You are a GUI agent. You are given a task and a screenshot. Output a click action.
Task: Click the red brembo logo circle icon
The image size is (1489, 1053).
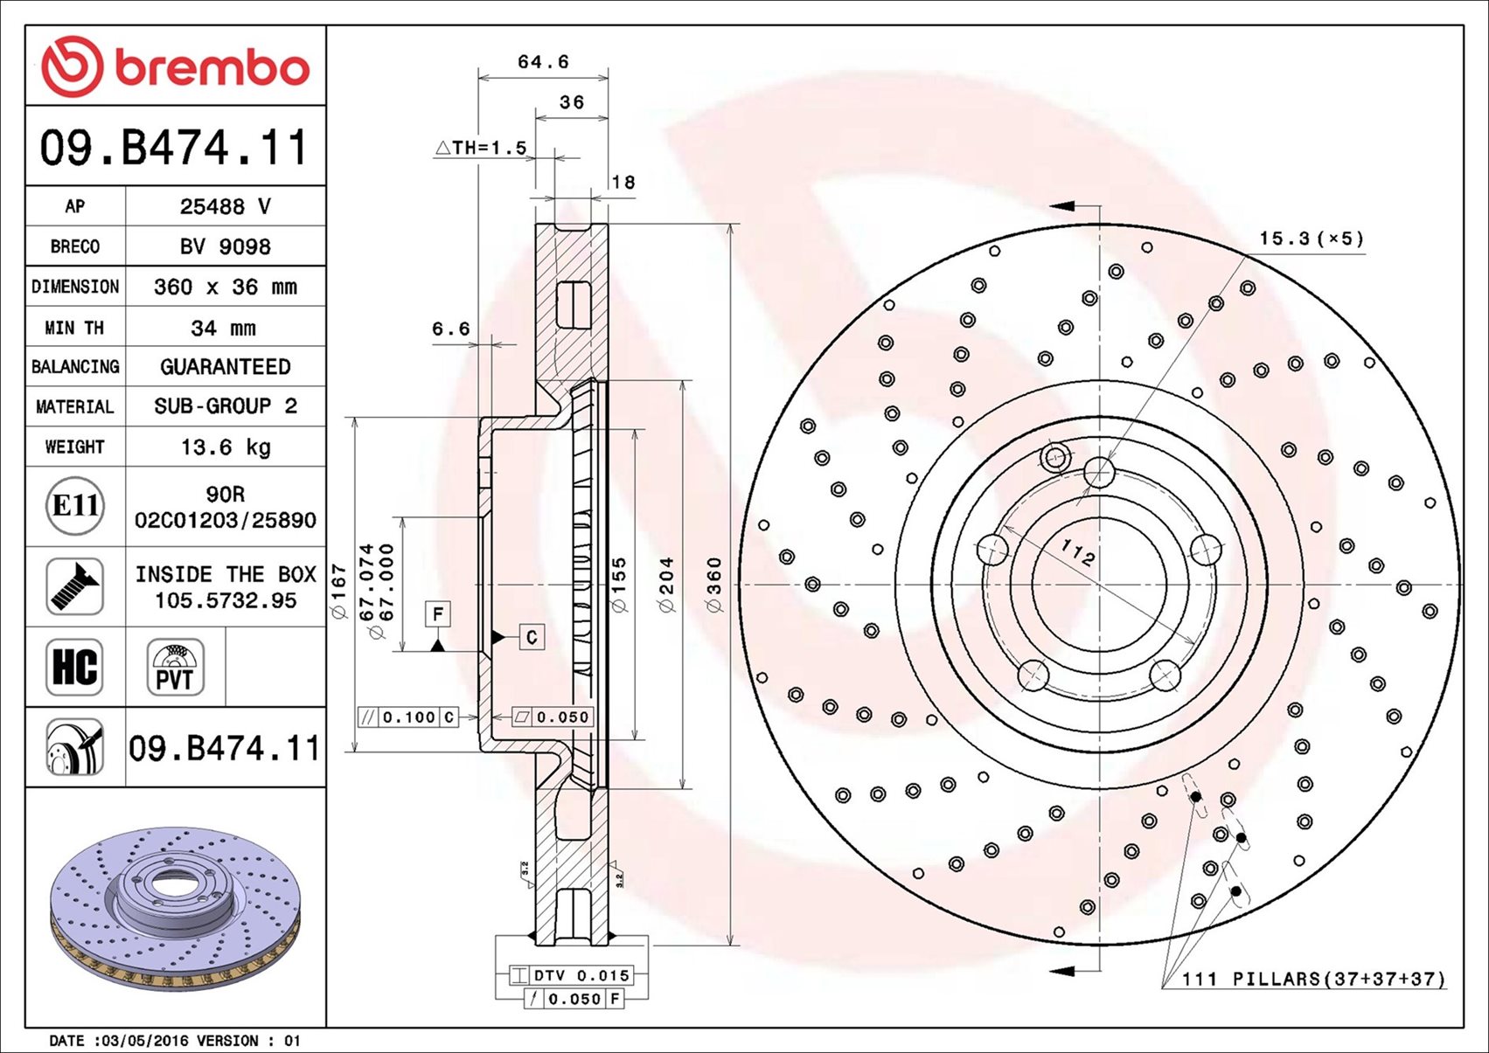(x=72, y=66)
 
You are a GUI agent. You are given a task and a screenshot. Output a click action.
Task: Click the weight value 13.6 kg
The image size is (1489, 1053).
(x=226, y=447)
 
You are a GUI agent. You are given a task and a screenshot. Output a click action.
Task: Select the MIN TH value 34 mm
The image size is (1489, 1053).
(x=224, y=329)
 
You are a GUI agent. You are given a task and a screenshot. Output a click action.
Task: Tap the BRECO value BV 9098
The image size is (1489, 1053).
(x=226, y=247)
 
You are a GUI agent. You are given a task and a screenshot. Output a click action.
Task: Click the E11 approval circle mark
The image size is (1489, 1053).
(x=75, y=506)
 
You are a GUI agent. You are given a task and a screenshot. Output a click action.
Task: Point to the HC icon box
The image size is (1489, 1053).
(x=75, y=667)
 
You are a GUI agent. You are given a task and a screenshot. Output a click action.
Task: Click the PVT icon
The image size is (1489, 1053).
(x=175, y=667)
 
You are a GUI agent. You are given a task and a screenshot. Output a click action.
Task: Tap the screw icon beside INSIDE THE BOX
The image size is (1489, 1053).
(x=75, y=586)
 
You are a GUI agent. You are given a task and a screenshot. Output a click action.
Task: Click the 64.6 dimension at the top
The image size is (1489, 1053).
(x=543, y=62)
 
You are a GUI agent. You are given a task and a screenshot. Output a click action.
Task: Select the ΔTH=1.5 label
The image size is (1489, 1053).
(x=481, y=148)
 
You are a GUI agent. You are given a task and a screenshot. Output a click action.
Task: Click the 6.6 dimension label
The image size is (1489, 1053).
(x=450, y=329)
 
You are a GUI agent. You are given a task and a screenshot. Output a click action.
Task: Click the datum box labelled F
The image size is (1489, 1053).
(x=438, y=613)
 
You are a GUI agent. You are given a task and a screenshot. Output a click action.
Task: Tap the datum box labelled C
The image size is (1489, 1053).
(x=532, y=637)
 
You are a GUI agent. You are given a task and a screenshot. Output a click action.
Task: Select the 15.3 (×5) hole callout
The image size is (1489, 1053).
(x=1311, y=239)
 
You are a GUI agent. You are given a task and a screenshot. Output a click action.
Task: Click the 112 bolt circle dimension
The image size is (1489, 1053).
(x=1077, y=552)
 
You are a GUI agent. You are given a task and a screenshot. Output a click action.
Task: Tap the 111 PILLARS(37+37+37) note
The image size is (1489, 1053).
(x=1313, y=979)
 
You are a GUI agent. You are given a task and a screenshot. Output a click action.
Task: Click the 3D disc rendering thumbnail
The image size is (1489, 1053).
(x=175, y=909)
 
